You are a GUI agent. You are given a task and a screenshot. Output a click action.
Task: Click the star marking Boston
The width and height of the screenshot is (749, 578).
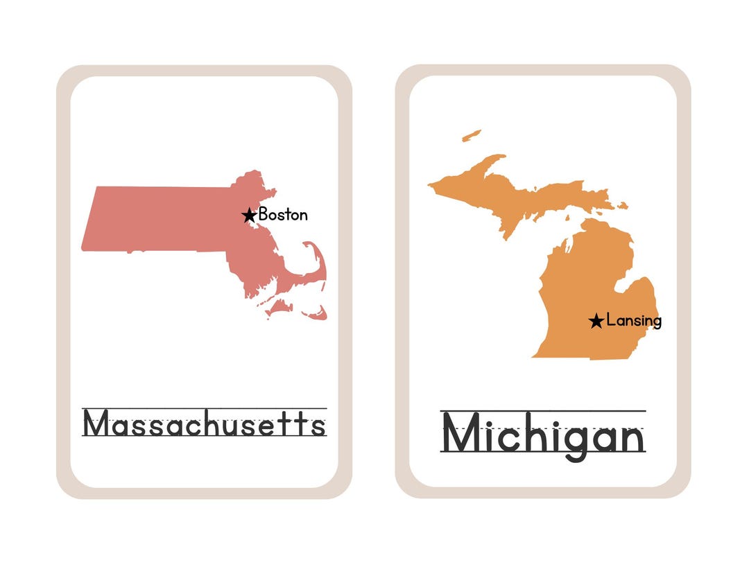(x=249, y=216)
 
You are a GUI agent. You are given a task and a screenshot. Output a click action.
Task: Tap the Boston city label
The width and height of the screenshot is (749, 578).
(x=283, y=215)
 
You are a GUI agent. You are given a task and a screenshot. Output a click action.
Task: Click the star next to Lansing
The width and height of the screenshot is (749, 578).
(x=596, y=321)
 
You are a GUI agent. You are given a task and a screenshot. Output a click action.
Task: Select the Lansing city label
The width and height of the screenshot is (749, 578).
(x=634, y=321)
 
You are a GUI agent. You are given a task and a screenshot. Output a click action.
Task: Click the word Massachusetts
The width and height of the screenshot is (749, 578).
(x=204, y=423)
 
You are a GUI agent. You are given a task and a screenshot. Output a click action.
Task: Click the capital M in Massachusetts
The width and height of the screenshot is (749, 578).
(x=97, y=423)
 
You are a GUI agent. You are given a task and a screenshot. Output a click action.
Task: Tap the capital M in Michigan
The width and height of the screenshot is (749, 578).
(x=459, y=433)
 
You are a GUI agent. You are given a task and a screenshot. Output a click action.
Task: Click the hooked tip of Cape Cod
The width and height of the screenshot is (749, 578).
(x=308, y=245)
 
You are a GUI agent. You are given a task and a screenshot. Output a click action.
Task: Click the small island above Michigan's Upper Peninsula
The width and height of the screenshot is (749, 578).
(x=472, y=134)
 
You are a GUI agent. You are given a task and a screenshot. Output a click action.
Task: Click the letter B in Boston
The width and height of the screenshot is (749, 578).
(x=264, y=215)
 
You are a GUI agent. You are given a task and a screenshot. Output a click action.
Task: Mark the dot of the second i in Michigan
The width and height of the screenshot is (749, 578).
(x=549, y=417)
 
